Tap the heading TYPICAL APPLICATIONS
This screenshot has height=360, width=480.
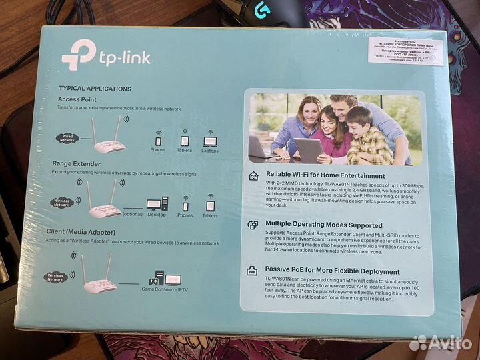(95, 88)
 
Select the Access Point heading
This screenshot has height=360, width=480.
(77, 99)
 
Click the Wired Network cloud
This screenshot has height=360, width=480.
(67, 139)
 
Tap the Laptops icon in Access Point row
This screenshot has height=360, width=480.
(209, 141)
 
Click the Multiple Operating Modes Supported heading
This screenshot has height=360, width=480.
(323, 225)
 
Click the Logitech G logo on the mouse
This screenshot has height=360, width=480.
(261, 8)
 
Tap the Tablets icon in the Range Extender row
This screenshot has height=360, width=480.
(210, 206)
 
